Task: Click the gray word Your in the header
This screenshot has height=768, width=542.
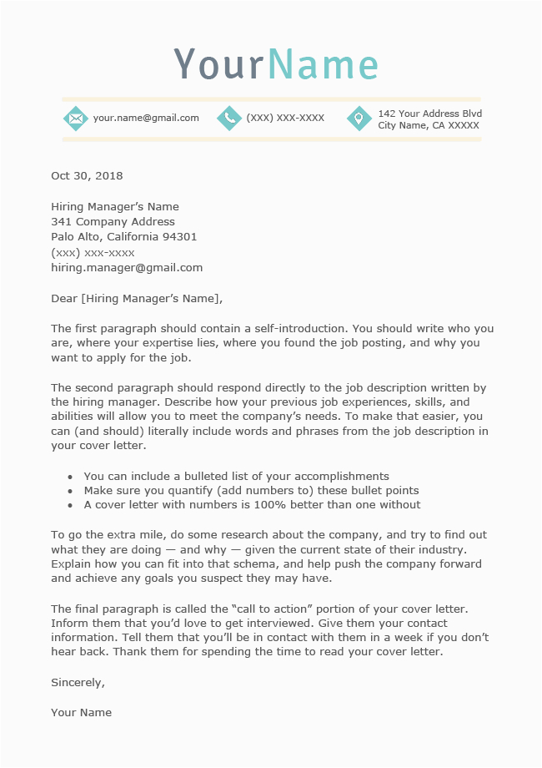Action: point(219,64)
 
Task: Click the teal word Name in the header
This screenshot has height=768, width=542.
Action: point(324,64)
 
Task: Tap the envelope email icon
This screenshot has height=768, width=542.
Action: point(76,119)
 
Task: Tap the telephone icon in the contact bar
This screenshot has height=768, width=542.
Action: point(228,119)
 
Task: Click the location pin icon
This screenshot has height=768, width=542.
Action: point(359,119)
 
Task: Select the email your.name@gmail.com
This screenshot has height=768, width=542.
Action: point(146,119)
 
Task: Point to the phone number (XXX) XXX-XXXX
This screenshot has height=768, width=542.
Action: point(285,119)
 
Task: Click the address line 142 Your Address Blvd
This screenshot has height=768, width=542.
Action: point(429,114)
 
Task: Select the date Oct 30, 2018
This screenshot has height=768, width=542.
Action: point(87,176)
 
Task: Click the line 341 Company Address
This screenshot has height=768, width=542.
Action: point(113,222)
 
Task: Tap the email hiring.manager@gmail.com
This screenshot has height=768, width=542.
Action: point(127,268)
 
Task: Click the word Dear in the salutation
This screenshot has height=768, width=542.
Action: point(63,299)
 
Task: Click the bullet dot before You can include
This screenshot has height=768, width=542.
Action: point(70,477)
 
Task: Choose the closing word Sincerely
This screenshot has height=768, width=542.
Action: point(78,682)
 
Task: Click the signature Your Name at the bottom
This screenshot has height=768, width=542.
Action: point(81,713)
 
